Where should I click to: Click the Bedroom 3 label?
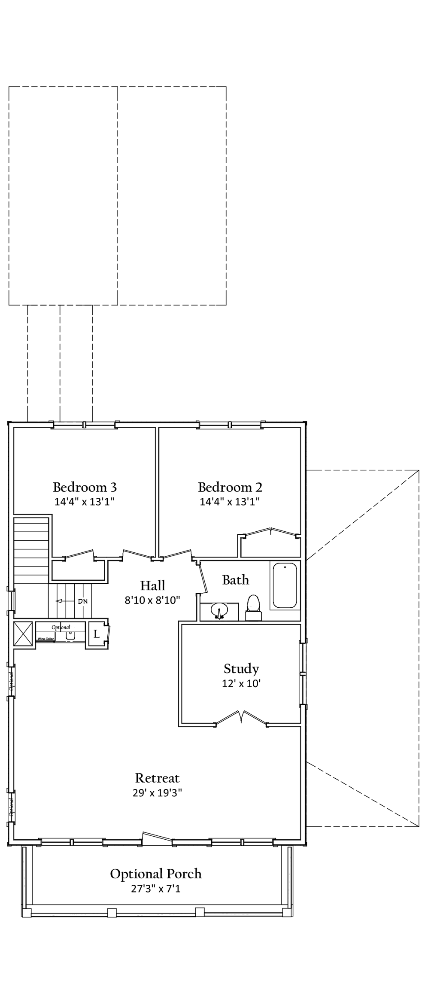pos(85,487)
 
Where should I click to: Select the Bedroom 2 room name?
pos(230,487)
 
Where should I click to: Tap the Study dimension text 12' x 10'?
pos(241,683)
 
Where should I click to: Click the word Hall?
pos(152,585)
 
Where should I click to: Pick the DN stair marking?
pos(83,601)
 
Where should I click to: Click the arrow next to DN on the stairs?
pos(64,601)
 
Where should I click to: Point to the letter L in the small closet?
pos(97,634)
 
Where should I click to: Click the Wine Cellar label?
pos(46,639)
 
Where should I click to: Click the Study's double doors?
pos(241,716)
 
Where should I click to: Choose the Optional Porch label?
pos(155,874)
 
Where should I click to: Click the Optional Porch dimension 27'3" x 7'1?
pos(155,888)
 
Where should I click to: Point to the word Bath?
pos(235,580)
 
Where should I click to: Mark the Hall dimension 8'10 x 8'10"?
pos(152,600)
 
